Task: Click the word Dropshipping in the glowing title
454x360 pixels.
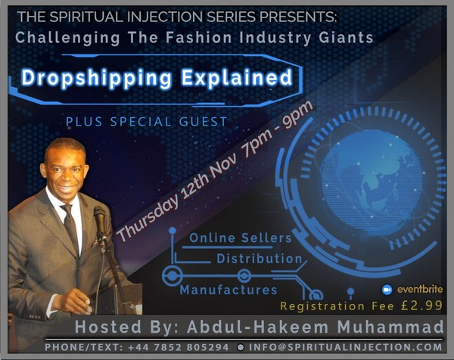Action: (x=97, y=78)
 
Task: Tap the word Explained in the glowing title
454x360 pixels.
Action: (x=237, y=77)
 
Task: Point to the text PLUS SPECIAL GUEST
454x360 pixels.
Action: (x=147, y=122)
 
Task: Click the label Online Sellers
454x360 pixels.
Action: (x=241, y=238)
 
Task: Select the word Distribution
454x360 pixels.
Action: (x=259, y=259)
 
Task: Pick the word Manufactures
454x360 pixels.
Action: (x=229, y=290)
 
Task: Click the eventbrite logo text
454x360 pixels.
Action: (x=420, y=290)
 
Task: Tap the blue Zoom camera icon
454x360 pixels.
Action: (x=387, y=290)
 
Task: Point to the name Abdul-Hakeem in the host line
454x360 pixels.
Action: (x=258, y=327)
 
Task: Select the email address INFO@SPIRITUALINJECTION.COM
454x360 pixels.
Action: (x=346, y=347)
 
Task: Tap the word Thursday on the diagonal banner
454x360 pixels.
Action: (x=148, y=218)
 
